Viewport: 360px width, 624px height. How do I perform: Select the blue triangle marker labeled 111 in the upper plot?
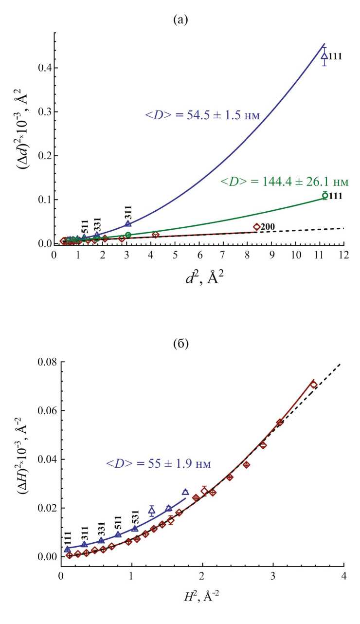324,56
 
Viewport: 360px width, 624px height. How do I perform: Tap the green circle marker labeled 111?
325,196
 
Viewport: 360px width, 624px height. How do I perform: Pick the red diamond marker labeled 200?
256,226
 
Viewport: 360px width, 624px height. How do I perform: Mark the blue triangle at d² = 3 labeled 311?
128,224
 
